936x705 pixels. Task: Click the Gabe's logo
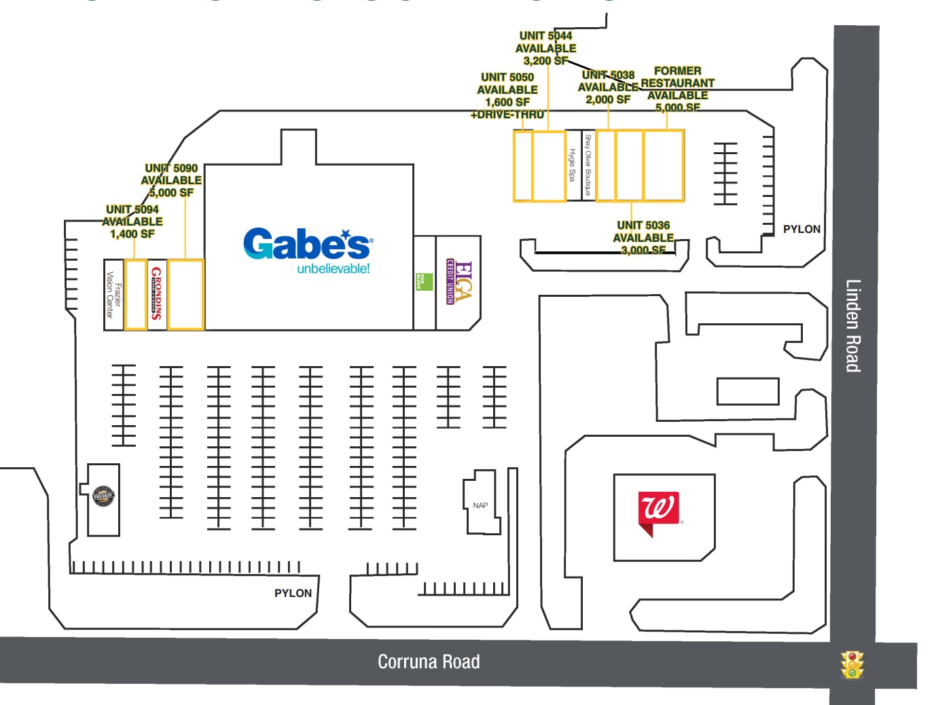(x=307, y=250)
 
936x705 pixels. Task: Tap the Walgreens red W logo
(x=658, y=511)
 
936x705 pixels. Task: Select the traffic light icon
(x=852, y=665)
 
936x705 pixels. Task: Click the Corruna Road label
(x=429, y=662)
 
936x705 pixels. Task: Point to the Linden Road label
(x=853, y=325)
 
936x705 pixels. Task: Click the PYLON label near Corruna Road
(x=293, y=593)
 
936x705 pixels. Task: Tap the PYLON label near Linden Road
(x=802, y=229)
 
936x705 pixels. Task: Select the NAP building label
(x=480, y=505)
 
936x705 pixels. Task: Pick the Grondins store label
(x=156, y=293)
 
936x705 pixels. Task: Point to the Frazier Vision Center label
(x=113, y=295)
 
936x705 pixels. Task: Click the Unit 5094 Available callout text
(x=132, y=221)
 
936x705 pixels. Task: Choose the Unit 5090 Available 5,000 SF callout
(x=171, y=180)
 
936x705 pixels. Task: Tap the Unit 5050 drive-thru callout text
(x=507, y=96)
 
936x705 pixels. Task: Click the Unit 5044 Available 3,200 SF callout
(x=545, y=48)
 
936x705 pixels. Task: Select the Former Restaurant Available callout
(x=677, y=89)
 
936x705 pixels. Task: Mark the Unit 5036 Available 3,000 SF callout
(x=643, y=237)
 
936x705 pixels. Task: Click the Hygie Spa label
(x=572, y=165)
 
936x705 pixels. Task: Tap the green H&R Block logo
(x=424, y=281)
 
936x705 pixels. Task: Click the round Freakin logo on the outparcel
(x=103, y=496)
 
